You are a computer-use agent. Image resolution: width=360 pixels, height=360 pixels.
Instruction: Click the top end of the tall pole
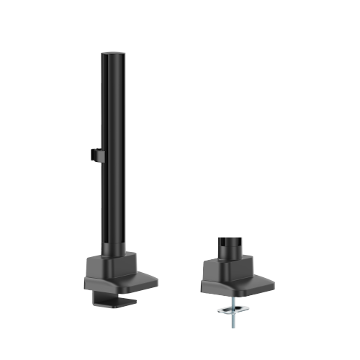pos(109,54)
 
